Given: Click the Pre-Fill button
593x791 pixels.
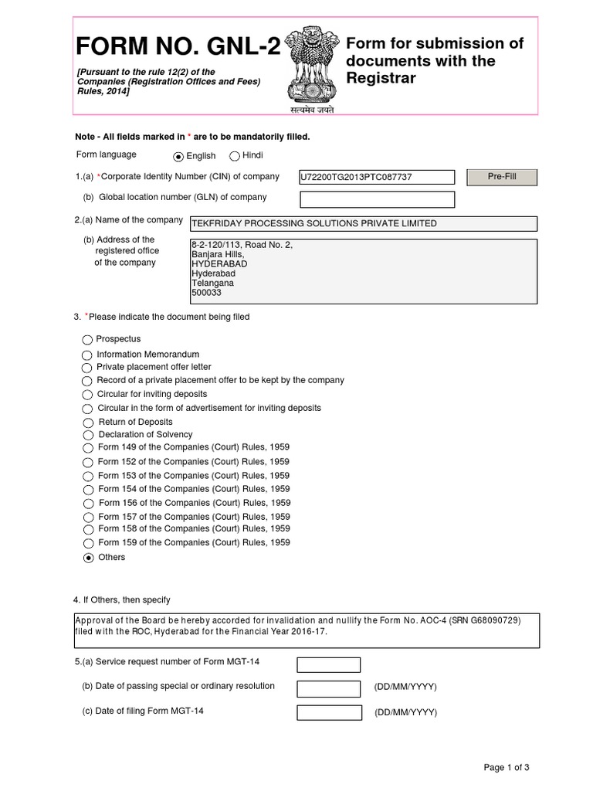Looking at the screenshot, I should click(502, 177).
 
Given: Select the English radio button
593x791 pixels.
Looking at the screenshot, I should click(179, 156).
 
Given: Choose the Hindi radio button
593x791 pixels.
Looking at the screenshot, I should click(235, 155).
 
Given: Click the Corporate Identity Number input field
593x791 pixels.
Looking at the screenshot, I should click(377, 178).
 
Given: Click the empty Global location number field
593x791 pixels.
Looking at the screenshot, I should click(377, 199).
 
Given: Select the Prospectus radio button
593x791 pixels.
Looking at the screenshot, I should click(87, 340).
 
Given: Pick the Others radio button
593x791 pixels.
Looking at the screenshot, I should click(88, 558).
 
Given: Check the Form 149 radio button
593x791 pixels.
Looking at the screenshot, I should click(88, 449).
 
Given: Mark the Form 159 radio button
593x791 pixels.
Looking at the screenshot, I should click(88, 543).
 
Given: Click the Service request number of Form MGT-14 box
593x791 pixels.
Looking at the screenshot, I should click(329, 665).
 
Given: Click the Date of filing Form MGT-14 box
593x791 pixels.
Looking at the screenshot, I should click(329, 712).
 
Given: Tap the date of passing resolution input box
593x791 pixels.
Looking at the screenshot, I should click(329, 688).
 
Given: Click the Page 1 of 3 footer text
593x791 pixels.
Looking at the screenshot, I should click(507, 767).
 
